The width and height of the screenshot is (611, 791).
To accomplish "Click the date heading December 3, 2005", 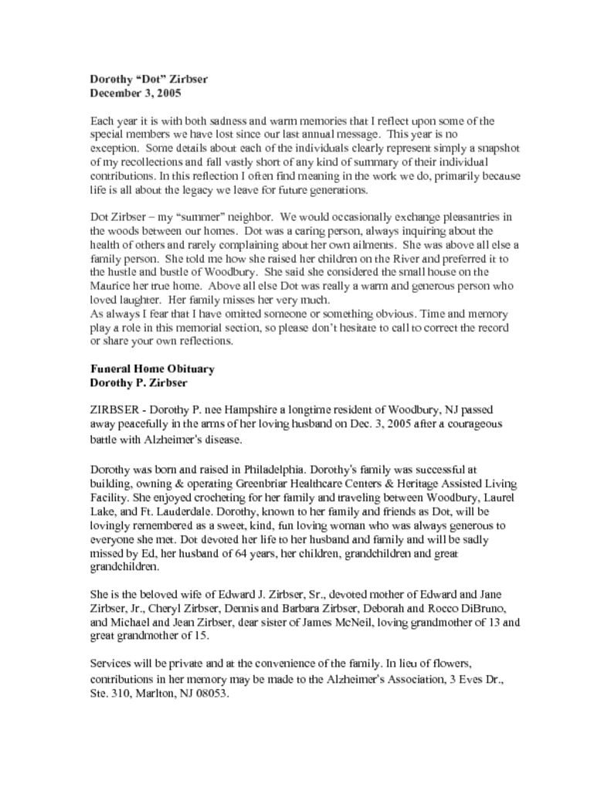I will point(135,93).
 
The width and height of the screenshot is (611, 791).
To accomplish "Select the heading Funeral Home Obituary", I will point(152,368).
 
